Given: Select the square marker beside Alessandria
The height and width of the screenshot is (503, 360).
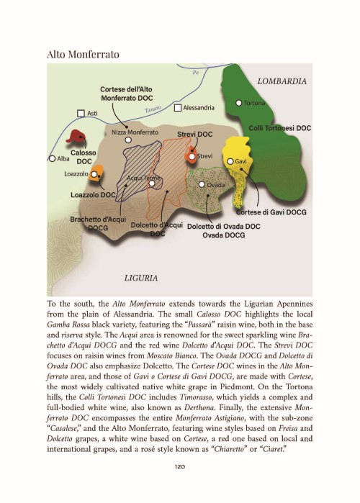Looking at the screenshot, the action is (x=177, y=108).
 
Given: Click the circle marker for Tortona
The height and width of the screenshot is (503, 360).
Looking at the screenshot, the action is (x=239, y=103).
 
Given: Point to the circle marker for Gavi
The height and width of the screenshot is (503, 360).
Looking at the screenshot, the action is (x=230, y=161).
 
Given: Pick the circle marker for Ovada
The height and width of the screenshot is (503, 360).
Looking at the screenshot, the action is (x=202, y=185).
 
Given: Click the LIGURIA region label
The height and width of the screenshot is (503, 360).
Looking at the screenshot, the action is (x=141, y=276).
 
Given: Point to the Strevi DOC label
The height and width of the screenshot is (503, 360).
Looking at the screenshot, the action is (x=195, y=135).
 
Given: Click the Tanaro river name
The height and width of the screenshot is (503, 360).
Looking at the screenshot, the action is (x=151, y=109).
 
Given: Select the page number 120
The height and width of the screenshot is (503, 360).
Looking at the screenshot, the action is (x=181, y=466).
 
